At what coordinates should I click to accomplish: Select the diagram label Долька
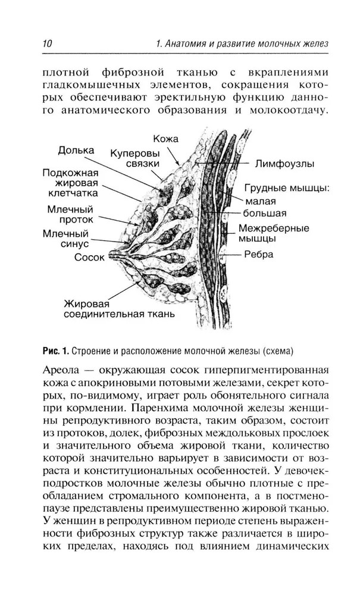point(76,150)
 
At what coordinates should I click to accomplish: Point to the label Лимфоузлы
point(285,162)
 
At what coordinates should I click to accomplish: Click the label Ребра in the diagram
point(259,255)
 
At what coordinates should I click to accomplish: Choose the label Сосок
point(89,258)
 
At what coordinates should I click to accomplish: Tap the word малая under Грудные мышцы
point(258,201)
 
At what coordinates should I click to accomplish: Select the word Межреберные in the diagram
point(274,228)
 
